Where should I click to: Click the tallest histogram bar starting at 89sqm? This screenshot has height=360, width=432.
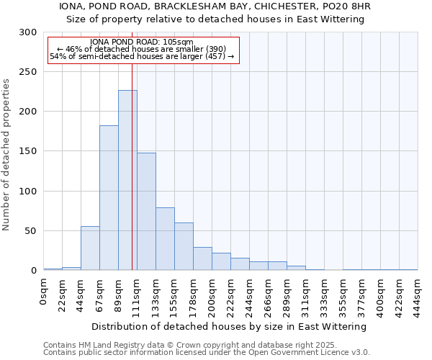pyautogui.click(x=127, y=180)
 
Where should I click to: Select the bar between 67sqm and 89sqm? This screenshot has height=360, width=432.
pyautogui.click(x=109, y=198)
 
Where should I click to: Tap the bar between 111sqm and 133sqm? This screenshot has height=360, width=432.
pyautogui.click(x=146, y=212)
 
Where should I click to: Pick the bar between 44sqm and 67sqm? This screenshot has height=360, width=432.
pyautogui.click(x=90, y=248)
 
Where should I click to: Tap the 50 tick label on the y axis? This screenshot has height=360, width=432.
pyautogui.click(x=32, y=231)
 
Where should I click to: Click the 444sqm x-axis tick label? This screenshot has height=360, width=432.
pyautogui.click(x=418, y=294)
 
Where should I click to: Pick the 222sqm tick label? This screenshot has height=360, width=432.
pyautogui.click(x=231, y=294)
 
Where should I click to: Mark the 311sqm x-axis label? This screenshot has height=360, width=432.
pyautogui.click(x=306, y=294)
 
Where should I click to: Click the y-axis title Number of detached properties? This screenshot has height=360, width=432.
pyautogui.click(x=6, y=155)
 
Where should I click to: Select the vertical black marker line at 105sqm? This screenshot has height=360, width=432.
pyautogui.click(x=132, y=166)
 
